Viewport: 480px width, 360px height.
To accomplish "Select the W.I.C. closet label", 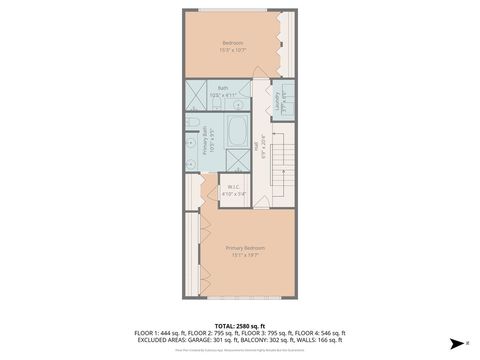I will (x=232, y=186).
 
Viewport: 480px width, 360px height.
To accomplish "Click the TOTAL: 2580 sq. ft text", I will (x=239, y=325).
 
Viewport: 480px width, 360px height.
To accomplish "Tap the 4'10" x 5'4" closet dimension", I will (x=232, y=193).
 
